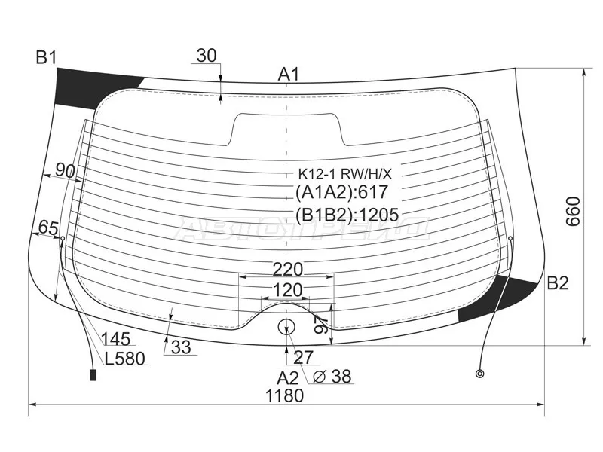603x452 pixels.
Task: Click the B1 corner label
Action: [x=46, y=58]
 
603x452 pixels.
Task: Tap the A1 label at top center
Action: [x=289, y=74]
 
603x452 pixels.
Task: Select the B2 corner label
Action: [x=557, y=283]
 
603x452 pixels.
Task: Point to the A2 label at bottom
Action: [x=288, y=378]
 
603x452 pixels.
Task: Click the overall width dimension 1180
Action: [x=285, y=395]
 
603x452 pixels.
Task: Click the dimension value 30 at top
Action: [x=207, y=56]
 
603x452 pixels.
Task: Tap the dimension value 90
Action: [x=65, y=170]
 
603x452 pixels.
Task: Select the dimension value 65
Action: [x=48, y=228]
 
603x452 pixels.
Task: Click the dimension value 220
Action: [x=288, y=270]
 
